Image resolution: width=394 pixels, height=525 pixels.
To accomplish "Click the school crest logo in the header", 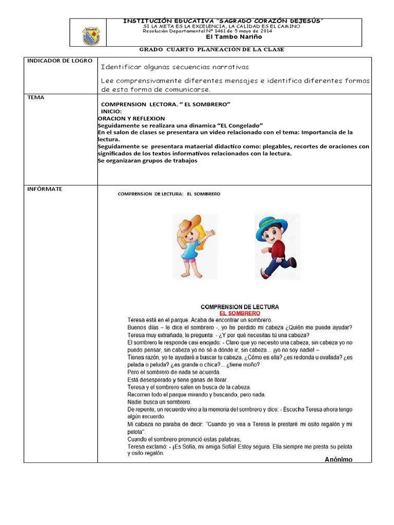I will (91, 36).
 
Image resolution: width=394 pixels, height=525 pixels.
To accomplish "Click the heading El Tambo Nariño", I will (226, 37).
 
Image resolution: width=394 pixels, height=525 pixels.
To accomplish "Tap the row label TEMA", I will (35, 97).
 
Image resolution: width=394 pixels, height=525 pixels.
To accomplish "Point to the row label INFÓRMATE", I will (45, 189).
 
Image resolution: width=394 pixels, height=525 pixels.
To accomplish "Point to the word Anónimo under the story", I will (339, 459).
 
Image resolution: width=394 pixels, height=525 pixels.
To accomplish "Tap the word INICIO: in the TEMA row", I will (111, 111).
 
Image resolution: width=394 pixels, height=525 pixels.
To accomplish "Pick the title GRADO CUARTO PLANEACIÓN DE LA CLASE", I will (212, 49).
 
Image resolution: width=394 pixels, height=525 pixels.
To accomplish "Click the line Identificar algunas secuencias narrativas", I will (174, 67).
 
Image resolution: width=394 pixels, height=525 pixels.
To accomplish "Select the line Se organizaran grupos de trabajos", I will (148, 160).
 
